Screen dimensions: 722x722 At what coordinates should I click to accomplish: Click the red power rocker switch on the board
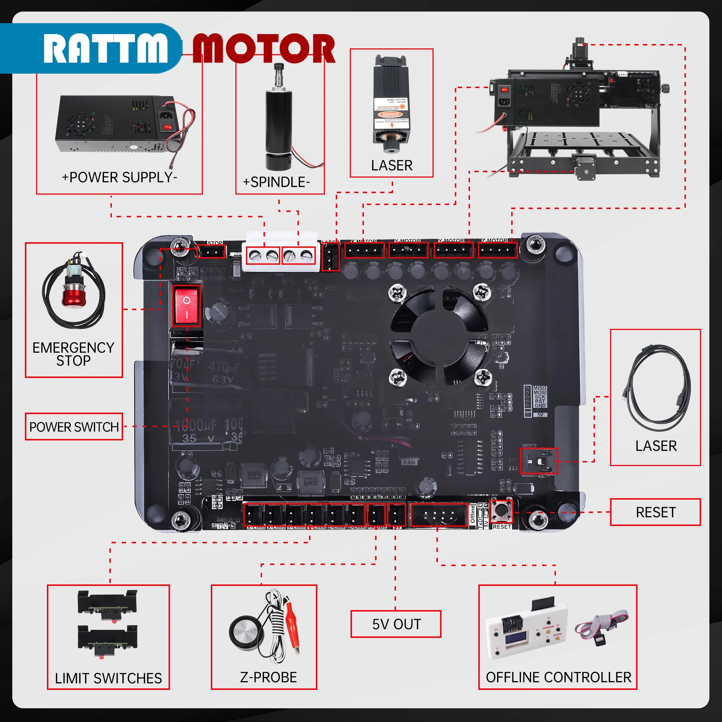187,306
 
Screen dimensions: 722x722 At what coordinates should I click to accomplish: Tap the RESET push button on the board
501,510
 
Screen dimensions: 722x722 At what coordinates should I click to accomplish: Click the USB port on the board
539,461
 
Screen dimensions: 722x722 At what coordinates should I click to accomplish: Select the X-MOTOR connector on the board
364,250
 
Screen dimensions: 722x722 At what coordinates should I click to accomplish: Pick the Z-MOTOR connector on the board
498,250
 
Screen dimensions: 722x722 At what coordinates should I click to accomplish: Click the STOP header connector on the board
211,251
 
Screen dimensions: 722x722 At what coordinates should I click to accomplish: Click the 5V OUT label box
396,624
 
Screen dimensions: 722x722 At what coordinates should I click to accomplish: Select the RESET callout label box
655,512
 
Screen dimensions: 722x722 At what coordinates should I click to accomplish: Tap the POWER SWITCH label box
74,427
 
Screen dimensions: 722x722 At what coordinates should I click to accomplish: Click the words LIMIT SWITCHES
108,678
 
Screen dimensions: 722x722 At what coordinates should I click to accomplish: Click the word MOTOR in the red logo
264,48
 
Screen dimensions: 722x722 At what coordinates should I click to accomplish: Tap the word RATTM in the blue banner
105,48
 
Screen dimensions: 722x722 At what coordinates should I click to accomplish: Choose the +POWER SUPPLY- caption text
119,177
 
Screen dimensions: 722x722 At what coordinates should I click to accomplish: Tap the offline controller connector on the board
439,515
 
